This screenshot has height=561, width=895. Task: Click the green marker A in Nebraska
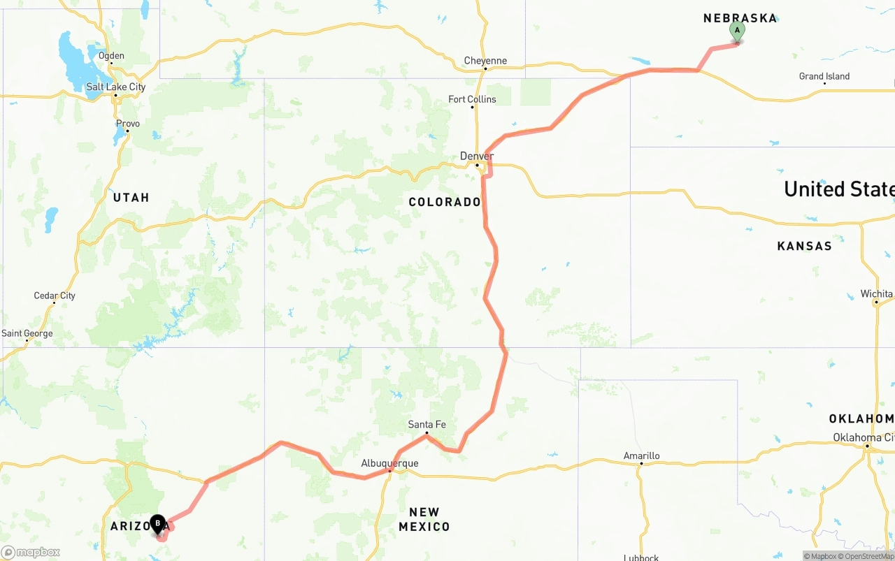[736, 31]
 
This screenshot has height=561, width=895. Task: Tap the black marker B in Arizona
[158, 523]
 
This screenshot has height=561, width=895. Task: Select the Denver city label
[477, 156]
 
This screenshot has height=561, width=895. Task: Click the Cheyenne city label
[485, 61]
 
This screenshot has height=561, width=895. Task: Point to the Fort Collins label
[472, 99]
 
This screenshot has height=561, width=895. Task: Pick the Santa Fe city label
[427, 424]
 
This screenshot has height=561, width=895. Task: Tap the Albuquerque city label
[389, 463]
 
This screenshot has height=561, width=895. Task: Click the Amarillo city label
[641, 456]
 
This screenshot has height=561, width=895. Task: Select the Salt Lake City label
[115, 87]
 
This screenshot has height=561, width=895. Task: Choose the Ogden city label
[111, 56]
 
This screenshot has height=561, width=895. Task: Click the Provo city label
[128, 124]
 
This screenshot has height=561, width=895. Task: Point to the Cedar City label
[55, 296]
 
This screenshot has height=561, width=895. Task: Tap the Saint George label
[27, 333]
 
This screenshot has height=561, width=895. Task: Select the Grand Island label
[824, 76]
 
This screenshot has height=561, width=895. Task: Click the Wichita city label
[877, 293]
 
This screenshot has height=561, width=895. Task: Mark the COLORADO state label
[445, 202]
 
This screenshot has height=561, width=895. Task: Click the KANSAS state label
[804, 246]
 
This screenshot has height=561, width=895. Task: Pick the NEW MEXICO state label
[424, 519]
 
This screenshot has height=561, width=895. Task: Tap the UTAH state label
[131, 198]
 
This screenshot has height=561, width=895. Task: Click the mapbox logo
[31, 552]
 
